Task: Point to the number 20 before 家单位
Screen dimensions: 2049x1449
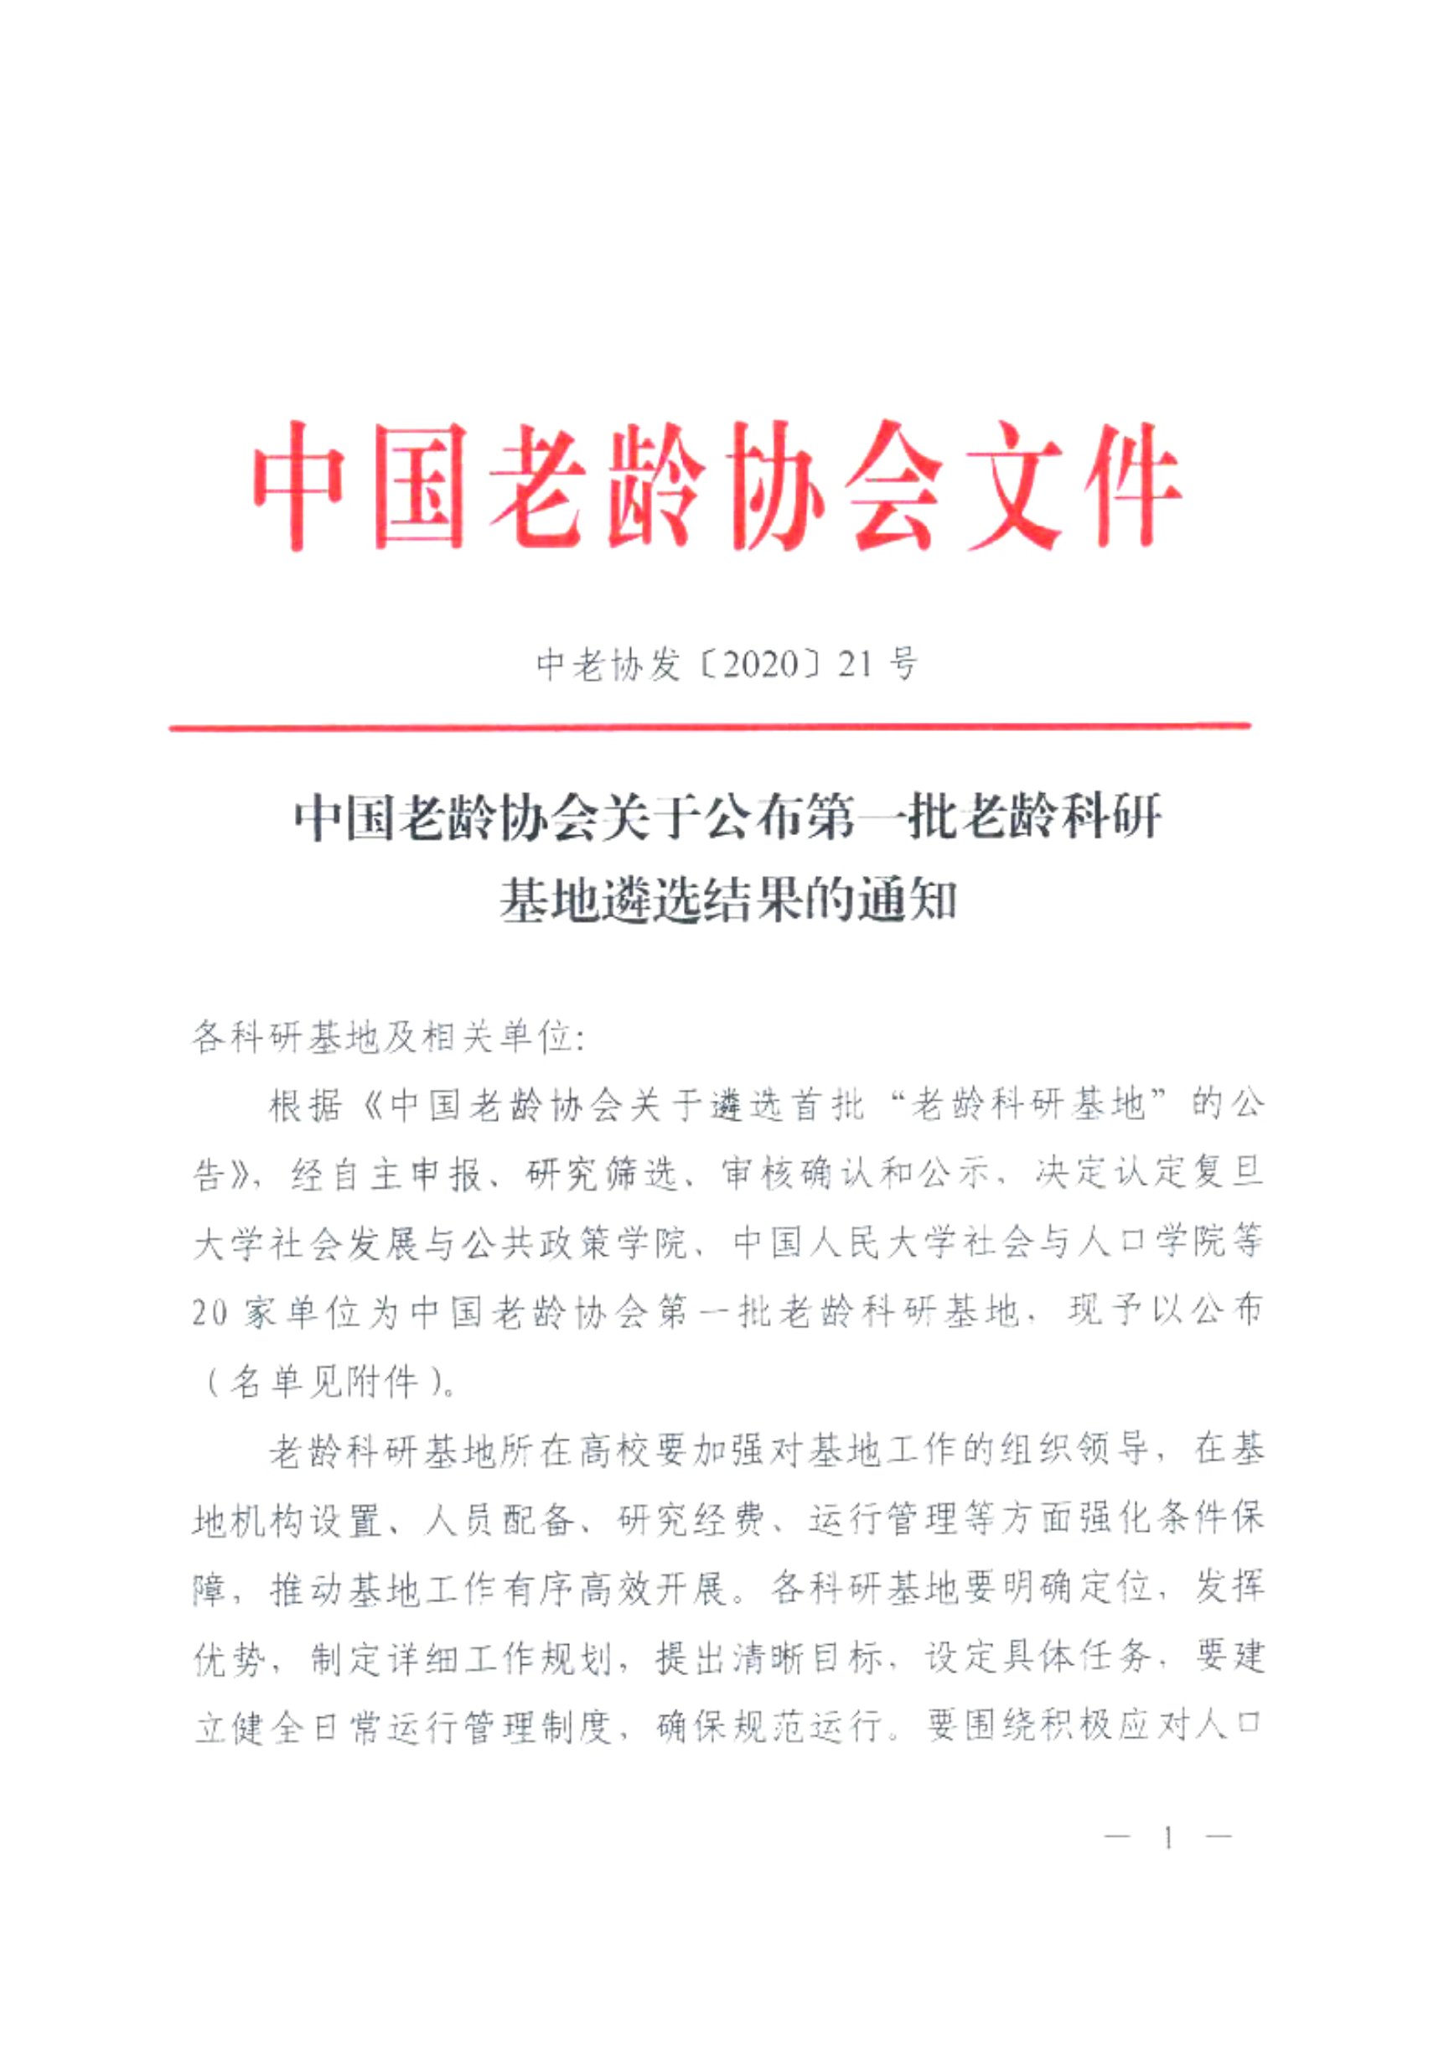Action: (x=210, y=1313)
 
